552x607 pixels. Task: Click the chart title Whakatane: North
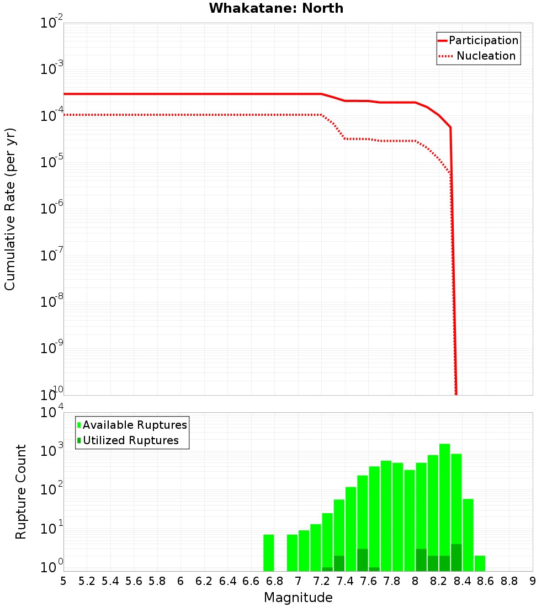(276, 8)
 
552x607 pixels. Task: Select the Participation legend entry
(483, 41)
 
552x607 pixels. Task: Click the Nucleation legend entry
(485, 56)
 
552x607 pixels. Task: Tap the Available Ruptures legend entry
(134, 425)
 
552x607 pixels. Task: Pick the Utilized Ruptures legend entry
(130, 441)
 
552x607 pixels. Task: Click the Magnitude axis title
(298, 598)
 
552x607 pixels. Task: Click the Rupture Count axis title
(21, 491)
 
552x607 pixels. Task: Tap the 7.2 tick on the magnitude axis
(322, 581)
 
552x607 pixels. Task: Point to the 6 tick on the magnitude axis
(181, 581)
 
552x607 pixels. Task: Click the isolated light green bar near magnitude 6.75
(269, 552)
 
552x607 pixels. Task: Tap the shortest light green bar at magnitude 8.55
(480, 563)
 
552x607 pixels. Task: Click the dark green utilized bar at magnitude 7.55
(363, 560)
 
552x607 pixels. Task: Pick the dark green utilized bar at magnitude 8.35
(457, 557)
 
